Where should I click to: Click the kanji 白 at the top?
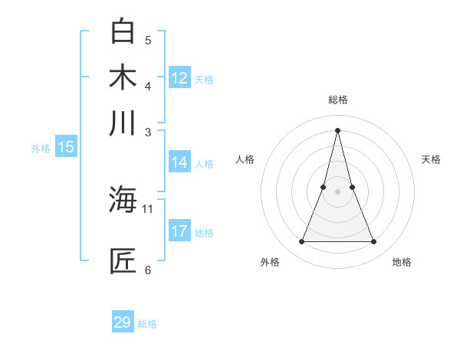(123, 31)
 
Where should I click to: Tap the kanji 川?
(123, 123)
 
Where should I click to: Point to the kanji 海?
(123, 201)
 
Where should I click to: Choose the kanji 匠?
(123, 261)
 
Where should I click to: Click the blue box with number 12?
(179, 78)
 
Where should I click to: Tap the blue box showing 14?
(179, 162)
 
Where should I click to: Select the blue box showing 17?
(179, 231)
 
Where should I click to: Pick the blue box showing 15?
(66, 148)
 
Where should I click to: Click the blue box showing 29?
(122, 322)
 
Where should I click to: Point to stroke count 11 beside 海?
(148, 208)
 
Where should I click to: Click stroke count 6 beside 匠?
(148, 270)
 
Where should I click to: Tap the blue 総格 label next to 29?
(147, 324)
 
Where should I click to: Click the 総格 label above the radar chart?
(338, 100)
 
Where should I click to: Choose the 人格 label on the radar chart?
(245, 159)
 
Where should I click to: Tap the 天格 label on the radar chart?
(432, 159)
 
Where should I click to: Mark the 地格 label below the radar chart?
(402, 262)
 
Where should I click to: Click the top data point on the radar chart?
(338, 129)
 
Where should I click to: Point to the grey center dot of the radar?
(338, 191)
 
